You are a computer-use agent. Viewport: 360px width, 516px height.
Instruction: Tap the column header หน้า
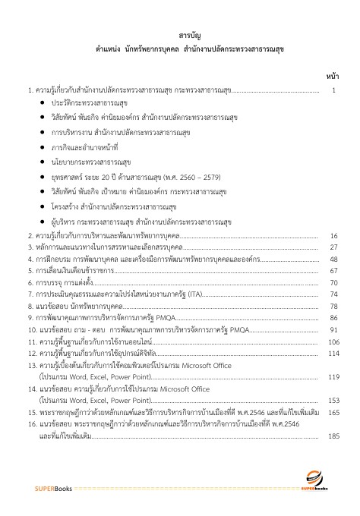pos(332,77)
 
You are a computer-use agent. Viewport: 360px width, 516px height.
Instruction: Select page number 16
pos(333,236)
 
